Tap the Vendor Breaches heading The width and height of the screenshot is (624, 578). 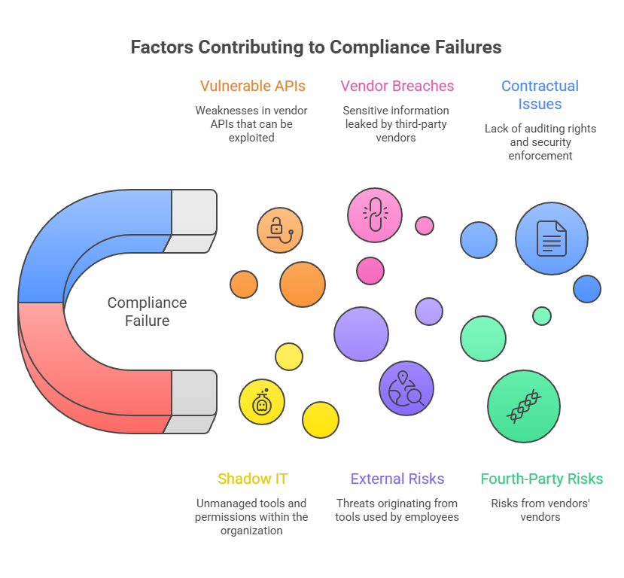pyautogui.click(x=397, y=86)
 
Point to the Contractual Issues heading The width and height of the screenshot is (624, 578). pyautogui.click(x=540, y=95)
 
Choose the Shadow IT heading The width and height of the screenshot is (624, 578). pyautogui.click(x=252, y=479)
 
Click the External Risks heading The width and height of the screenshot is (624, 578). pyautogui.click(x=397, y=479)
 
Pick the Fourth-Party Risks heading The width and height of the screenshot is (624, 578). pyautogui.click(x=541, y=479)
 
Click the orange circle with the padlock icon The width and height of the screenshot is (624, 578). pyautogui.click(x=279, y=230)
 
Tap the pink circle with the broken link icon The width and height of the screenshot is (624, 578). pyautogui.click(x=374, y=215)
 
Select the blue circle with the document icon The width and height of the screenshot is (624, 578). pyautogui.click(x=551, y=239)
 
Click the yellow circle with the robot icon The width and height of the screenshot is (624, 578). pyautogui.click(x=261, y=402)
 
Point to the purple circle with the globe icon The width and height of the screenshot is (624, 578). pyautogui.click(x=406, y=388)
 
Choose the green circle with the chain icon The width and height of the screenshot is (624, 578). pyautogui.click(x=524, y=406)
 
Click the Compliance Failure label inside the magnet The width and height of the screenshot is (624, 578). pyautogui.click(x=147, y=312)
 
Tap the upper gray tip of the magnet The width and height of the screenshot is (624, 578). pyautogui.click(x=194, y=213)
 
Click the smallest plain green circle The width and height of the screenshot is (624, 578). pyautogui.click(x=541, y=315)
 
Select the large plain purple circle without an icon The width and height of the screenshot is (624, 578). pyautogui.click(x=361, y=334)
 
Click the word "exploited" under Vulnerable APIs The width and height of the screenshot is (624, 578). pyautogui.click(x=251, y=138)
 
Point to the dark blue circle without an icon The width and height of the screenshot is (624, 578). pyautogui.click(x=586, y=289)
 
